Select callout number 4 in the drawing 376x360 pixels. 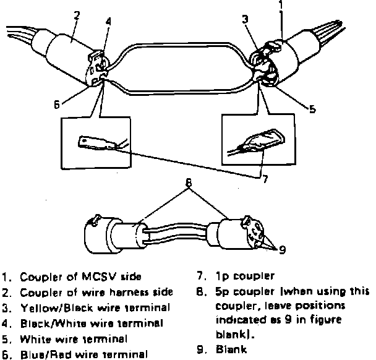point(109,21)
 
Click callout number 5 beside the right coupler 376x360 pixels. point(312,109)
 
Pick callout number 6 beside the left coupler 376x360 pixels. point(56,105)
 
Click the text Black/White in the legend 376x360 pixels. point(47,323)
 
